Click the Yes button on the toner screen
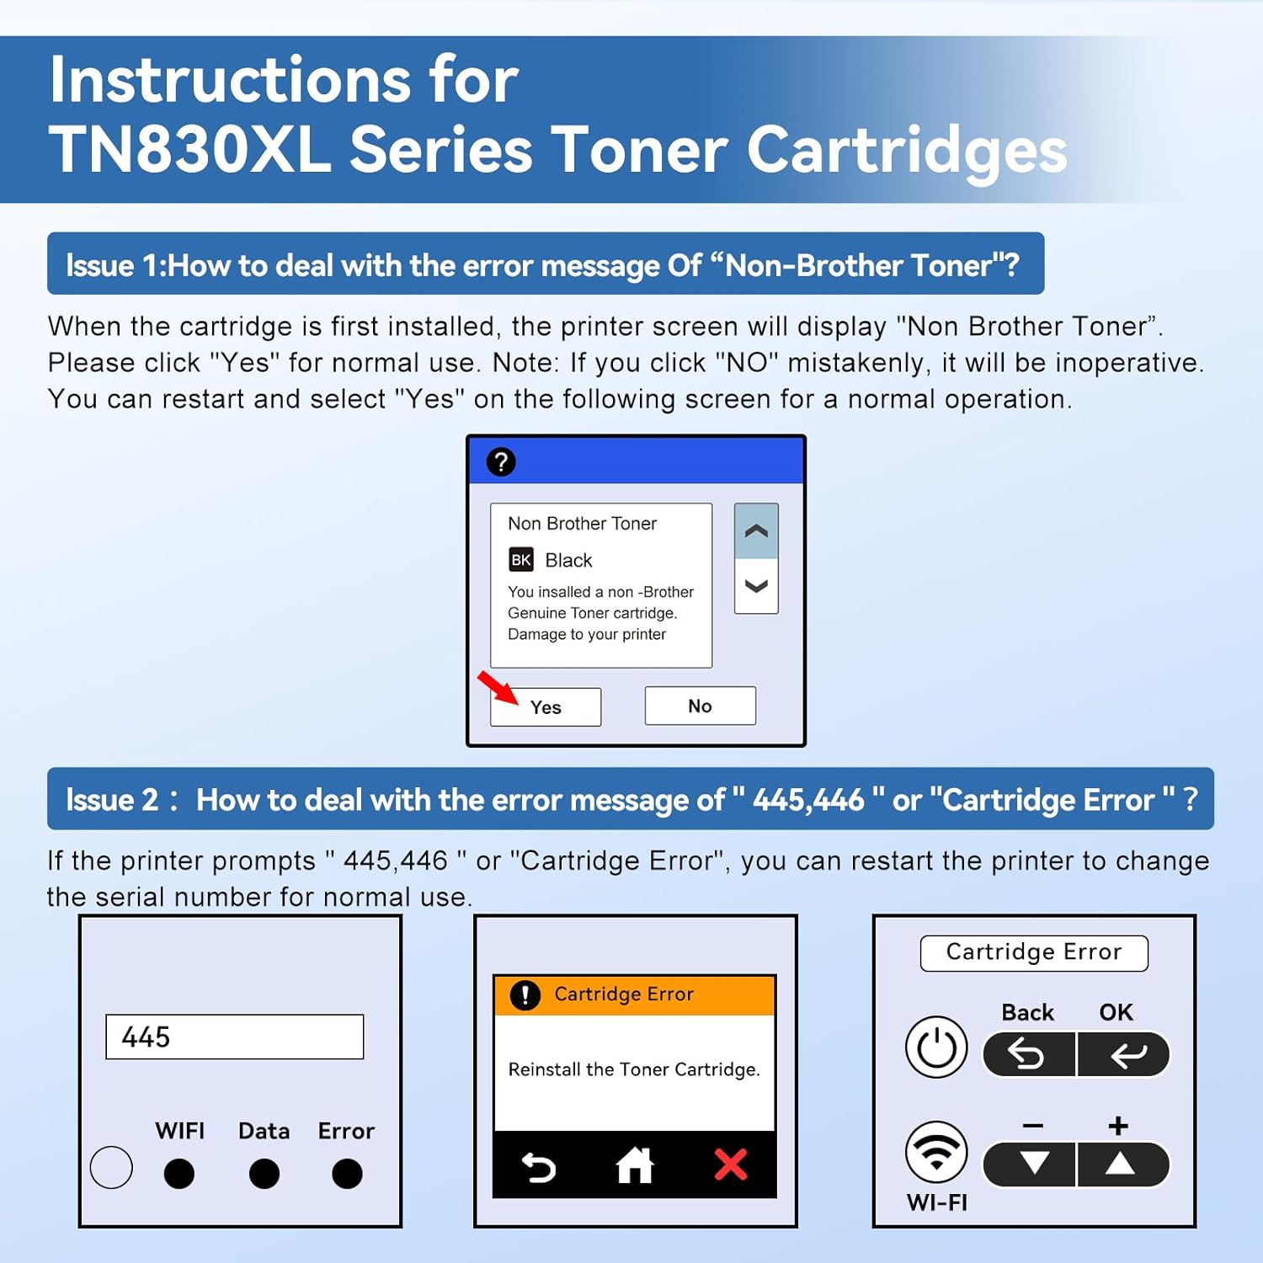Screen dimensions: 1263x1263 pyautogui.click(x=546, y=707)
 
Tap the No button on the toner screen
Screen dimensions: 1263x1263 pyautogui.click(x=700, y=706)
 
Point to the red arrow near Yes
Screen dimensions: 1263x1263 pyautogui.click(x=498, y=687)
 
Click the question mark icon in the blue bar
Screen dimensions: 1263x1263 pyautogui.click(x=501, y=461)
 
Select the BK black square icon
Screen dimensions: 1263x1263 pyautogui.click(x=521, y=560)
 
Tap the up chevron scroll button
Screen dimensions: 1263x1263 pyautogui.click(x=756, y=531)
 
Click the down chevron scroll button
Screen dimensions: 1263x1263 pyautogui.click(x=756, y=586)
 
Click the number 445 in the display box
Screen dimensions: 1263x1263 pyautogui.click(x=146, y=1037)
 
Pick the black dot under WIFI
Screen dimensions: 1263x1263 pyautogui.click(x=179, y=1173)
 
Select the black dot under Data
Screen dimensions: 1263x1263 pyautogui.click(x=264, y=1173)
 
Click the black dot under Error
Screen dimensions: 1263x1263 pyautogui.click(x=347, y=1173)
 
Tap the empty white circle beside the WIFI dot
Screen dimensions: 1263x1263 pyautogui.click(x=111, y=1167)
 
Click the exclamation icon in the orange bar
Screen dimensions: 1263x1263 pyautogui.click(x=525, y=995)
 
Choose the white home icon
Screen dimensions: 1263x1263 pyautogui.click(x=635, y=1166)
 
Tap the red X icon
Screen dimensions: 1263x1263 pyautogui.click(x=730, y=1165)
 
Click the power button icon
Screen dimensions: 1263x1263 pyautogui.click(x=936, y=1047)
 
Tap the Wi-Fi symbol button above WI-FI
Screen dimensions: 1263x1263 pyautogui.click(x=936, y=1151)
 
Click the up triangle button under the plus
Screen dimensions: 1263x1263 pyautogui.click(x=1120, y=1164)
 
